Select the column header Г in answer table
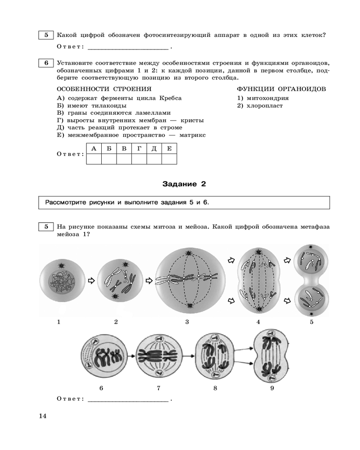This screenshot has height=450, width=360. [139, 148]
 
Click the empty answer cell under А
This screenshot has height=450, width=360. [94, 159]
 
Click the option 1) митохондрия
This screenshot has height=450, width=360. [263, 98]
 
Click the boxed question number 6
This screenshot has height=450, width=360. [46, 63]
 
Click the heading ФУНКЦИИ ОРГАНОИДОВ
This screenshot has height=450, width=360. [281, 90]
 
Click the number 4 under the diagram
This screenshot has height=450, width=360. [258, 322]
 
